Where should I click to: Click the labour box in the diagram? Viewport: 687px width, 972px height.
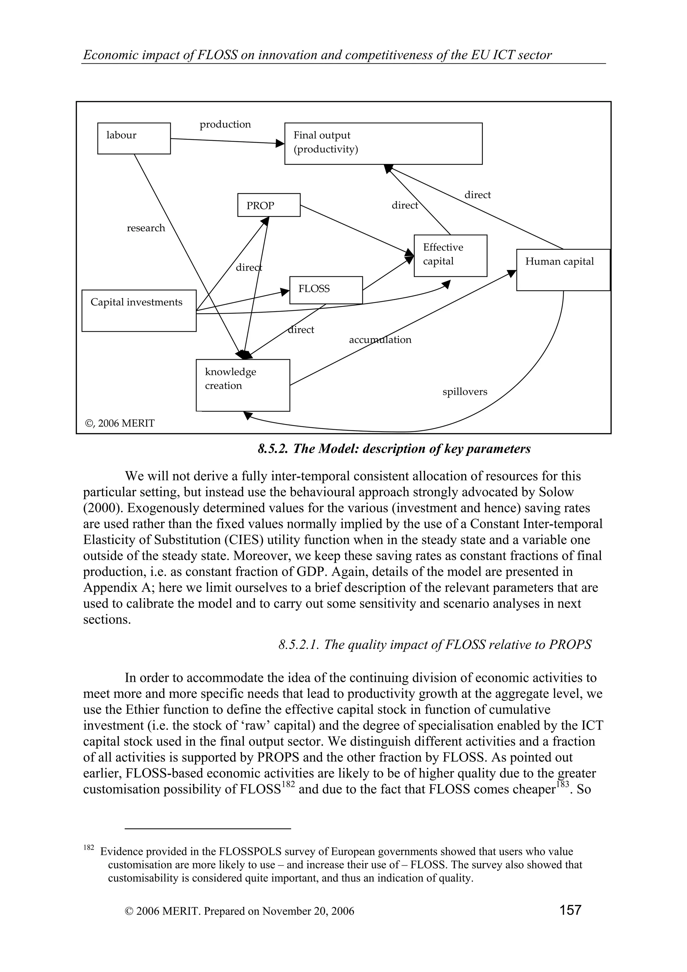pos(134,139)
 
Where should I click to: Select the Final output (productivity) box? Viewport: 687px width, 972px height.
pos(383,144)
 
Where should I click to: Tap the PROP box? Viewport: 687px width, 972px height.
pos(269,205)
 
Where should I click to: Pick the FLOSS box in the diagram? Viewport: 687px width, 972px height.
pos(326,290)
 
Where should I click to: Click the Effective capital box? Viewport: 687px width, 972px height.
pos(451,255)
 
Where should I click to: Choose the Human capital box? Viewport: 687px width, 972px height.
pos(563,270)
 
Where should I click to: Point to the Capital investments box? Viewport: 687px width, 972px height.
pos(139,310)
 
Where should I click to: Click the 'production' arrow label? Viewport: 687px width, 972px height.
pos(225,124)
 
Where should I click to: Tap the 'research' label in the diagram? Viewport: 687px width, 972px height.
pos(146,228)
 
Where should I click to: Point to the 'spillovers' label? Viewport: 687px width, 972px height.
pos(465,392)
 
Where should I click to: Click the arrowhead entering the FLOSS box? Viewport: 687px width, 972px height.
pos(285,291)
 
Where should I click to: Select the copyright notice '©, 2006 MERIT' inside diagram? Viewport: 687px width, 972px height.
pos(120,423)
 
